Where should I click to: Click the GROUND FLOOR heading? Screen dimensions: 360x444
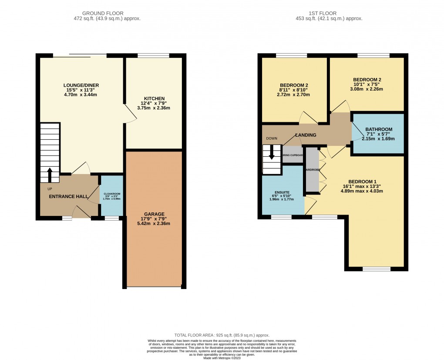(107, 13)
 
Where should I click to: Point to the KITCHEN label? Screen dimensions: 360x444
(154, 98)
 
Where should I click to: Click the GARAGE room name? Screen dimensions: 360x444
(155, 214)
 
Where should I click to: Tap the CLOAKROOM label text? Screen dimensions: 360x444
(112, 193)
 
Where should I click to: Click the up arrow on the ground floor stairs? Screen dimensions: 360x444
(49, 175)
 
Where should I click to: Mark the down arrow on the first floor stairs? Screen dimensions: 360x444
(272, 153)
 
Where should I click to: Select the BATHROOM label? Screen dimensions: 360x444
(379, 129)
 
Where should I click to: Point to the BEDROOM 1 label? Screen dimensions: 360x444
(362, 182)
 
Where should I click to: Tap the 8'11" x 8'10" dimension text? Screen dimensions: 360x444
(294, 91)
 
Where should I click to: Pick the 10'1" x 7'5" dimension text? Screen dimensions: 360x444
(367, 85)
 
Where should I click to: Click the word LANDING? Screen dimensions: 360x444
(306, 135)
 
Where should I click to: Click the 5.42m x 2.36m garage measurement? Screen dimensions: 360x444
(155, 224)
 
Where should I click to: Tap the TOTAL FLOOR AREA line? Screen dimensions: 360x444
(222, 335)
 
